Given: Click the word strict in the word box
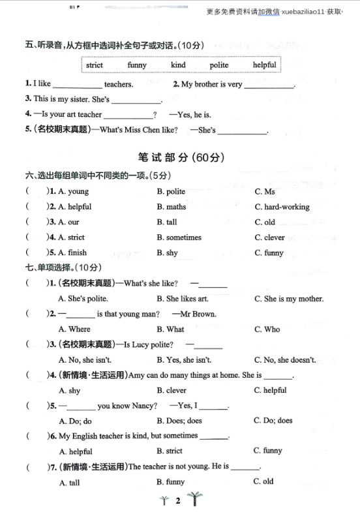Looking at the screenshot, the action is point(95,65).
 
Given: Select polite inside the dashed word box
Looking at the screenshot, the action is point(219,65).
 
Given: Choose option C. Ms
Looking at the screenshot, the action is point(265,192).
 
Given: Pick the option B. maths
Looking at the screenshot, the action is point(171,207).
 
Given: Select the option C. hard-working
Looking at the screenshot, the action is point(282,207).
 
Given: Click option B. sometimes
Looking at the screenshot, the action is point(179,237).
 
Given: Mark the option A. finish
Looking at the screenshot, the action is point(72,252).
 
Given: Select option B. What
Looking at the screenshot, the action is point(170,329).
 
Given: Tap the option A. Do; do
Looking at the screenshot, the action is point(75,421).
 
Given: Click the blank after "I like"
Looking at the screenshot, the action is point(77,85).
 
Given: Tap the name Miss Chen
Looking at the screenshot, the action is point(140,130).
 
